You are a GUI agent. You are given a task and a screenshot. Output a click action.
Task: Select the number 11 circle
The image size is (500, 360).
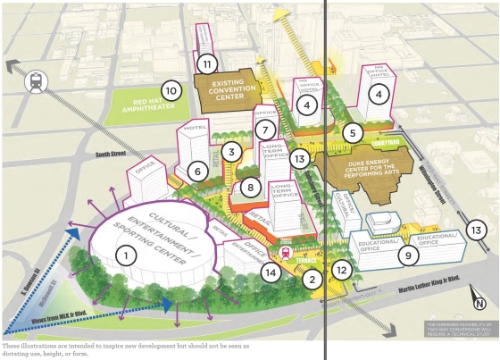206,63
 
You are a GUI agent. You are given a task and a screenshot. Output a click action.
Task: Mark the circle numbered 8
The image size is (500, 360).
252,188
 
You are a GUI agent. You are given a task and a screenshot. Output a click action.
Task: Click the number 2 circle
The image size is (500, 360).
312,280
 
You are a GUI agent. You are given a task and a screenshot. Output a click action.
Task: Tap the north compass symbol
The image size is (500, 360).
479,304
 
